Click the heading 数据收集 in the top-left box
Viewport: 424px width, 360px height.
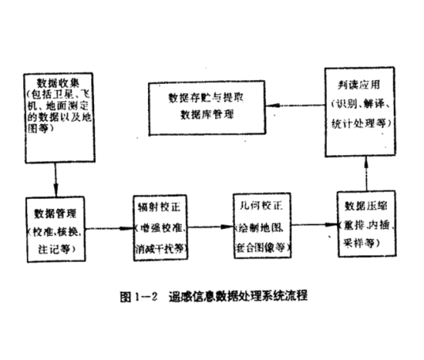(59, 81)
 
